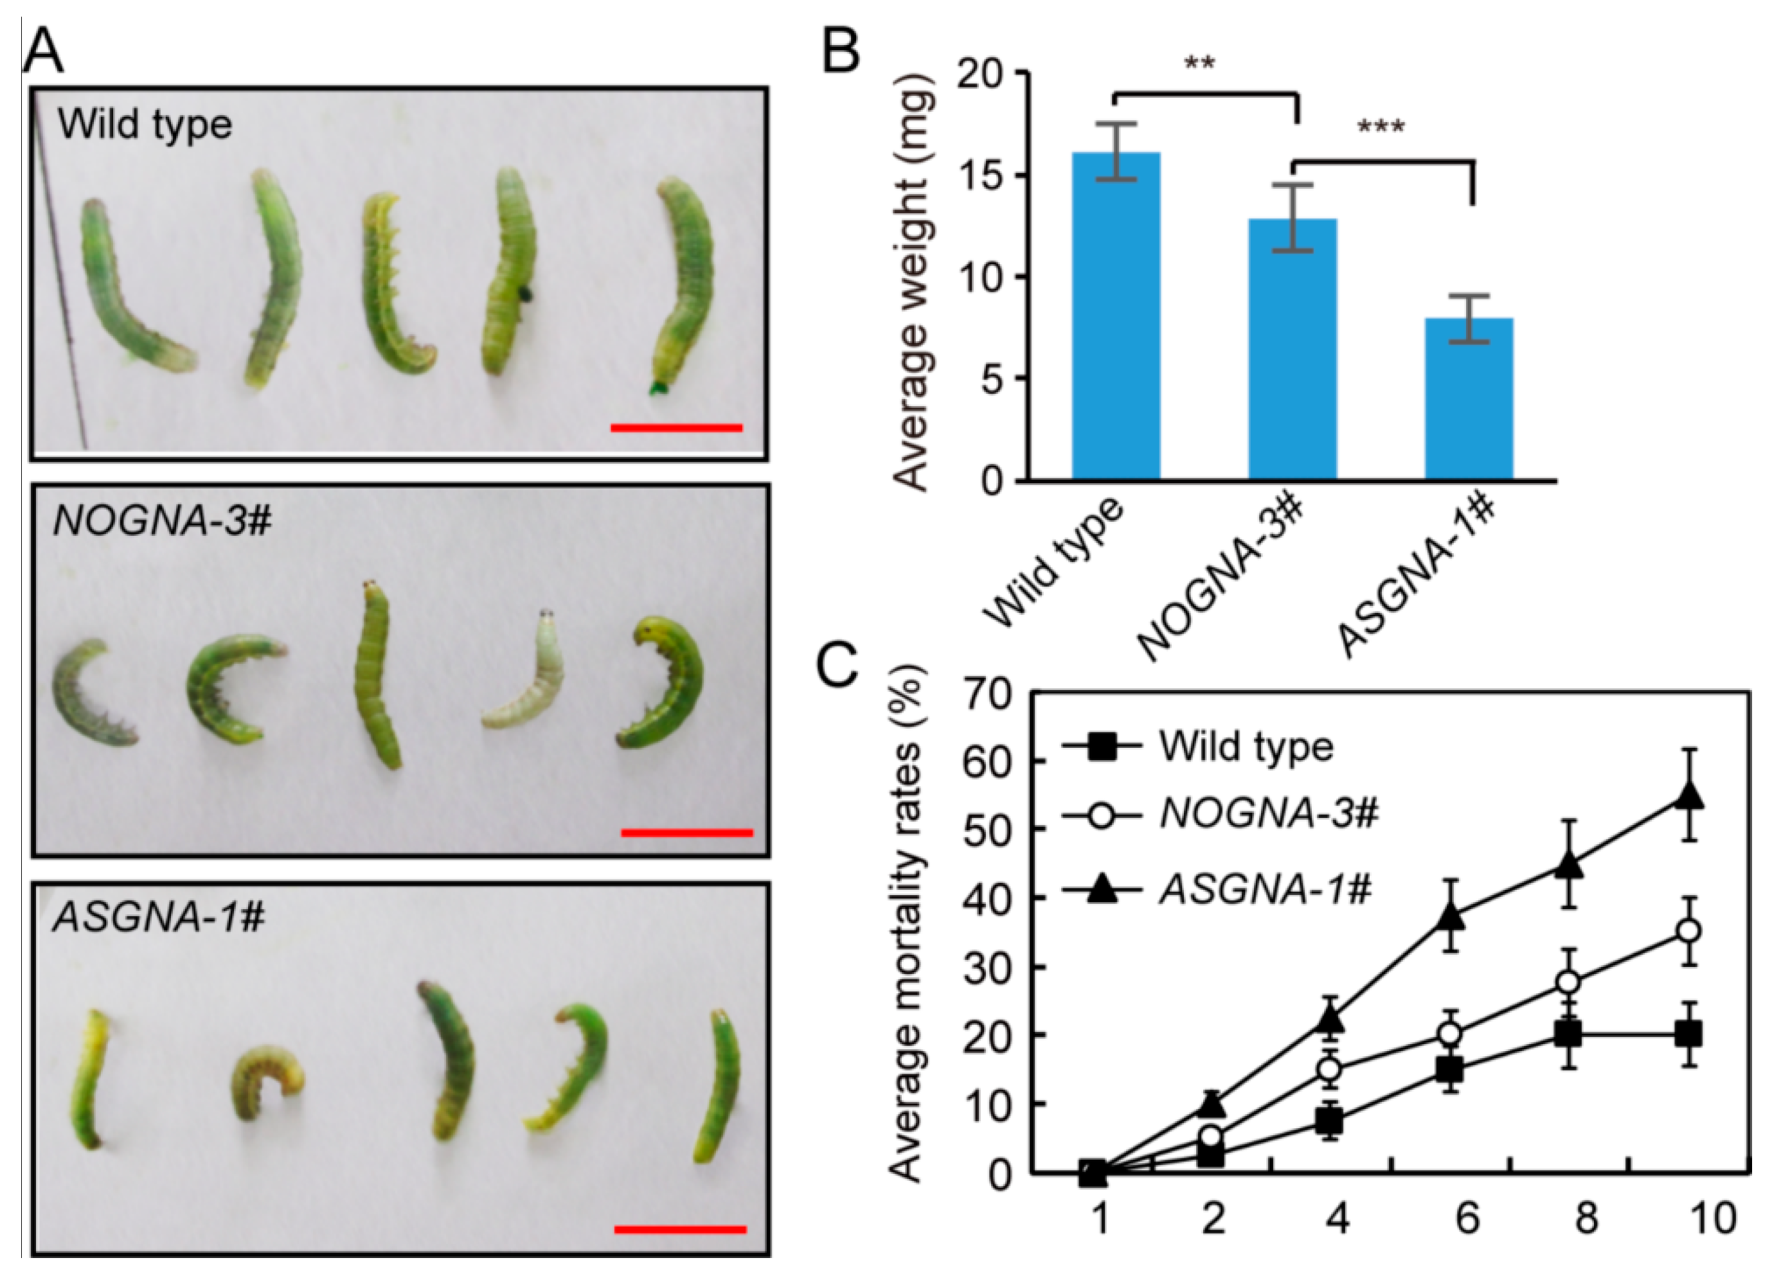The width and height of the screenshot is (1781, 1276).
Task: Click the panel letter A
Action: (43, 52)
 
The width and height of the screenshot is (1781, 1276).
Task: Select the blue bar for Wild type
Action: (1116, 314)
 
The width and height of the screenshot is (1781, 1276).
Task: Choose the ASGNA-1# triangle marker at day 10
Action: (1688, 797)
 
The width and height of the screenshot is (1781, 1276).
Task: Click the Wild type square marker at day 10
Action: (1688, 1034)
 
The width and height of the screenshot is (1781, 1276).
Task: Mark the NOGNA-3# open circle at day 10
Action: (1688, 931)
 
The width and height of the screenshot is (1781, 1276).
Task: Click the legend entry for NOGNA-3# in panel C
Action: (1268, 814)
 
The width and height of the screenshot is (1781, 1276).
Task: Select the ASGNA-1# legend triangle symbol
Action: (1102, 890)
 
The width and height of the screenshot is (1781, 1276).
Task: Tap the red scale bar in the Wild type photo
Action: (676, 428)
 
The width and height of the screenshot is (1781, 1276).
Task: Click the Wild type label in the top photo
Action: (145, 125)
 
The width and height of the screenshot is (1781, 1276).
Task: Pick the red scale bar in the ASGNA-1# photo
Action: (679, 1230)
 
